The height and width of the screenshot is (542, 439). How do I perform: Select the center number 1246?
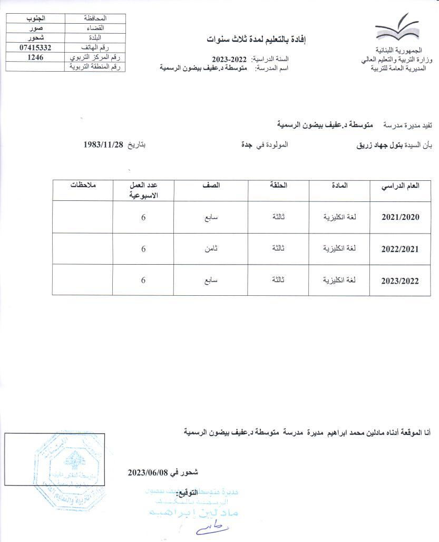click(35, 57)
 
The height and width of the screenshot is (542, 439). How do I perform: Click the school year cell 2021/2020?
click(401, 217)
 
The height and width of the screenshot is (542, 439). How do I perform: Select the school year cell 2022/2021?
click(401, 249)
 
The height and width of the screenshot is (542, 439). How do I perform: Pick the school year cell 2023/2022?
click(401, 281)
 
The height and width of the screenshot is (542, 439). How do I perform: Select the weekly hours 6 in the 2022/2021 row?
click(143, 248)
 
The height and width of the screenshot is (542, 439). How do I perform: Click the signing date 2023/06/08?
click(147, 472)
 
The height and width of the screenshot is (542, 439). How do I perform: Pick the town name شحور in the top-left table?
click(35, 38)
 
